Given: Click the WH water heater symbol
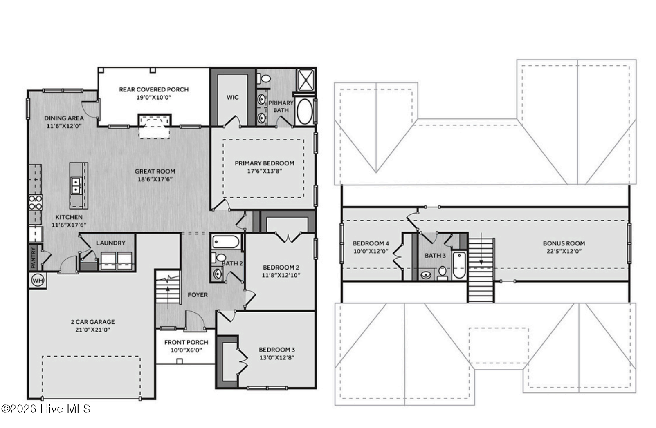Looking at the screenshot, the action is click(x=38, y=281).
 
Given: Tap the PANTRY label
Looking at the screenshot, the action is click(x=33, y=258).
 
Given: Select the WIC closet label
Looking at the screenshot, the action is click(x=233, y=97).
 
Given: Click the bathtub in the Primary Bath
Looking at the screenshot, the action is click(x=305, y=111).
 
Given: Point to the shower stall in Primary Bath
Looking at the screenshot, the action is click(x=306, y=79).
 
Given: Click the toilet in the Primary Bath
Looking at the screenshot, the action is click(x=265, y=78).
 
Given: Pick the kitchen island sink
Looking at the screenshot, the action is click(x=76, y=186).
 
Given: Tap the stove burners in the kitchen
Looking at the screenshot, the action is click(x=36, y=202).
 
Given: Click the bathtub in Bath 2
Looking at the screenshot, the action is click(x=226, y=242).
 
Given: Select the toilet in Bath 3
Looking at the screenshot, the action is click(x=442, y=273).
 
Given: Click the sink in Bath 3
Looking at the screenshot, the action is click(x=426, y=274).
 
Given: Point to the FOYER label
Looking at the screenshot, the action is click(x=198, y=295).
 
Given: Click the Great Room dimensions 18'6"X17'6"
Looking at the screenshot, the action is click(x=155, y=179).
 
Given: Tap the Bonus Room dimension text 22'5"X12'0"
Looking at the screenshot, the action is click(x=564, y=251).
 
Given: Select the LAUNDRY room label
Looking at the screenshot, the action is click(x=111, y=243).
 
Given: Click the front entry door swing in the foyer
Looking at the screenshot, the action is click(x=195, y=320).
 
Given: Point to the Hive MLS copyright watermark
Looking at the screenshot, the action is click(x=46, y=409).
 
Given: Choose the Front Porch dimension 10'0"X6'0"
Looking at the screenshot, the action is click(x=186, y=350).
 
